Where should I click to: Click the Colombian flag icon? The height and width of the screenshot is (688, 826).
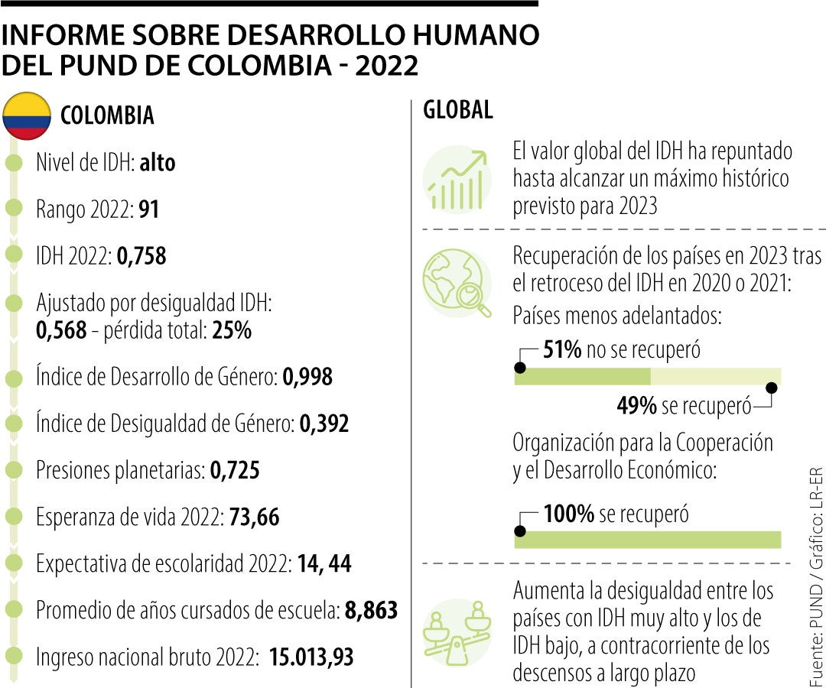[x=27, y=115]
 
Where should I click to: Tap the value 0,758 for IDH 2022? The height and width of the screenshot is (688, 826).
[x=141, y=256]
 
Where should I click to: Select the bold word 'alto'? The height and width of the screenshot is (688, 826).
[x=157, y=163]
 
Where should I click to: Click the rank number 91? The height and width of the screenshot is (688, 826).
[x=148, y=209]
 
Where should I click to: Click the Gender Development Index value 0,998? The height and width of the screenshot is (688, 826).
[x=307, y=377]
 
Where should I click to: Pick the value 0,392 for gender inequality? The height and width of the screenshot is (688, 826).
[x=324, y=424]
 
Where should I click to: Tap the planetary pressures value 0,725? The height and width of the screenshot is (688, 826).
[x=234, y=470]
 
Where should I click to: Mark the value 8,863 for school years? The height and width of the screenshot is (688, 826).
[x=371, y=610]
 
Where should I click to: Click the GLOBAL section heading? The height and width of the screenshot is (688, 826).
[x=458, y=110]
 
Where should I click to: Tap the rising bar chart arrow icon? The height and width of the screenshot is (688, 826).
[x=457, y=180]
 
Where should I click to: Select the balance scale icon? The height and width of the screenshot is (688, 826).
[x=457, y=630]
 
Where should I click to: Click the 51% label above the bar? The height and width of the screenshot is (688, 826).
[x=563, y=350]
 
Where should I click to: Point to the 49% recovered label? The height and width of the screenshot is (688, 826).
[x=636, y=406]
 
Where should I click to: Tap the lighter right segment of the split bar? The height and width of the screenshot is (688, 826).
[x=715, y=375]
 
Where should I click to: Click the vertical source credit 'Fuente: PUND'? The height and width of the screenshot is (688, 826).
[x=815, y=627]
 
